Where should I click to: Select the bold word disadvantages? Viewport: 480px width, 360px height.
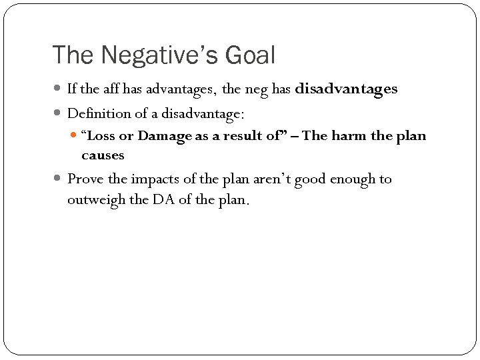click(x=345, y=89)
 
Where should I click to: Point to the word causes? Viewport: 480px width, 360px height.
click(x=103, y=155)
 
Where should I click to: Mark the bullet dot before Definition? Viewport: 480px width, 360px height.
click(x=59, y=114)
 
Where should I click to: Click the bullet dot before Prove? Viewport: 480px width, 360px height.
click(x=59, y=179)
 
